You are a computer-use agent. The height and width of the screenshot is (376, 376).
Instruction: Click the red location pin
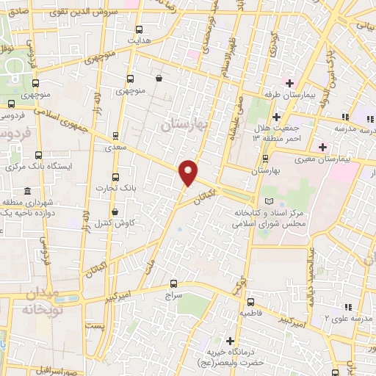[x=189, y=172]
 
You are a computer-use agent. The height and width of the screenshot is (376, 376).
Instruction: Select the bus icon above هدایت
[x=140, y=30]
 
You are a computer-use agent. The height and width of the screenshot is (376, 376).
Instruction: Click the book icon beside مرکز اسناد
[x=267, y=201]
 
